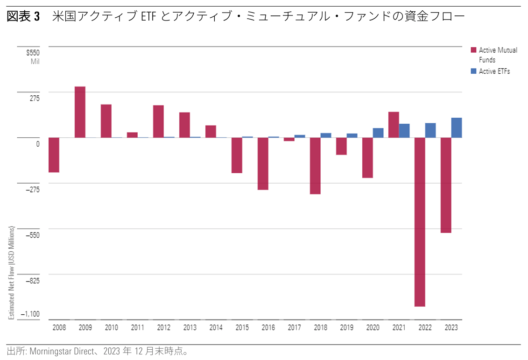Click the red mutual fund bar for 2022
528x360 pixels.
pyautogui.click(x=420, y=222)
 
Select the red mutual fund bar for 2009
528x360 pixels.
pyautogui.click(x=80, y=112)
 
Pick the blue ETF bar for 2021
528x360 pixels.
pyautogui.click(x=404, y=131)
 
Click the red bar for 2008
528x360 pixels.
pyautogui.click(x=54, y=155)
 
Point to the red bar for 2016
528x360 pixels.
pyautogui.click(x=263, y=163)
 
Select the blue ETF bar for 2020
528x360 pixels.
pyautogui.click(x=378, y=133)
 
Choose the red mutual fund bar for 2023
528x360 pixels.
pyautogui.click(x=446, y=185)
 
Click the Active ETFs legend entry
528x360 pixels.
pyautogui.click(x=494, y=71)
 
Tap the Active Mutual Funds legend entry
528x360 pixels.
pyautogui.click(x=498, y=55)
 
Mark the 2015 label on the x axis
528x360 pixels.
pyautogui.click(x=242, y=328)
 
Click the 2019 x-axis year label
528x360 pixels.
pyautogui.click(x=346, y=328)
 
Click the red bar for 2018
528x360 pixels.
pyautogui.click(x=315, y=166)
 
